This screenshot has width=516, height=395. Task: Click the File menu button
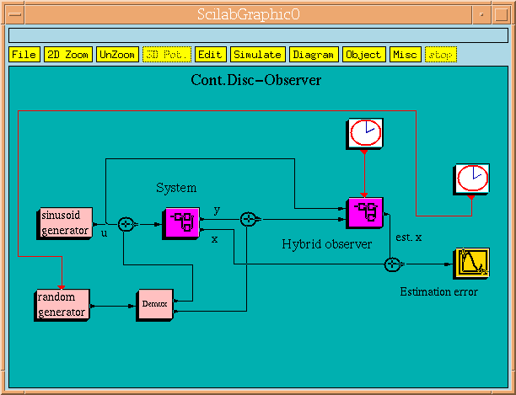24,55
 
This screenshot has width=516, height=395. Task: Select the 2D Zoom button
67,55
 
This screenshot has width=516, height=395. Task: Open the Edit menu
209,55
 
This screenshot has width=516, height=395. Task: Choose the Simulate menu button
257,55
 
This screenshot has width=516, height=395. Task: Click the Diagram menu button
314,55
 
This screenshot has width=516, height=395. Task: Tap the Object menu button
363,55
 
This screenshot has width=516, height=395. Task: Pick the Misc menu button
405,55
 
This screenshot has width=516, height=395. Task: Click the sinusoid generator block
65,222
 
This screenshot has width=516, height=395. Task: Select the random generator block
62,304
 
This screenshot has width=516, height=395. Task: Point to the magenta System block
180,223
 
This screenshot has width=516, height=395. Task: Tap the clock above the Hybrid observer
364,132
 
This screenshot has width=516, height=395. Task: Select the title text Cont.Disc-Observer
256,81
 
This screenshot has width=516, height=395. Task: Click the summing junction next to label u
126,223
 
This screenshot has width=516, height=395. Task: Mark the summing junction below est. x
392,264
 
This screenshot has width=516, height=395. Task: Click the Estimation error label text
438,292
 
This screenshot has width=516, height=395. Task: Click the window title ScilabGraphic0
256,14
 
